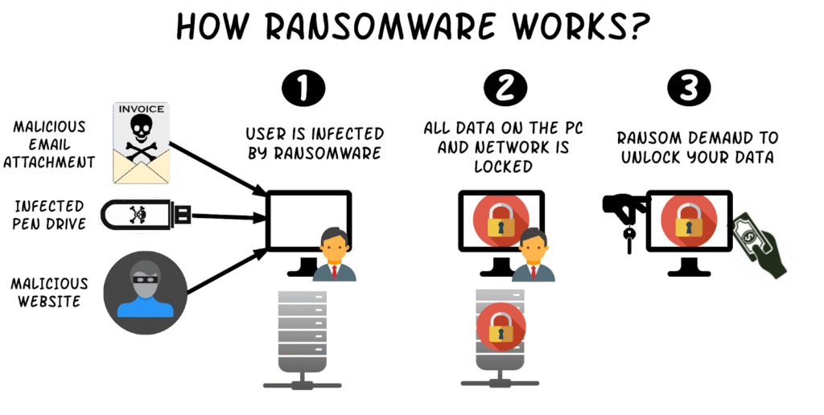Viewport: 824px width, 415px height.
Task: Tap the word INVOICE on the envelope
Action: (142, 109)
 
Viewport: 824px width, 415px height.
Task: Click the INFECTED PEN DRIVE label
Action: (47, 215)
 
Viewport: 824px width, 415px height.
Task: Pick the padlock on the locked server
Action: (501, 327)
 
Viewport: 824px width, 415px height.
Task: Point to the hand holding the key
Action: (625, 209)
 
